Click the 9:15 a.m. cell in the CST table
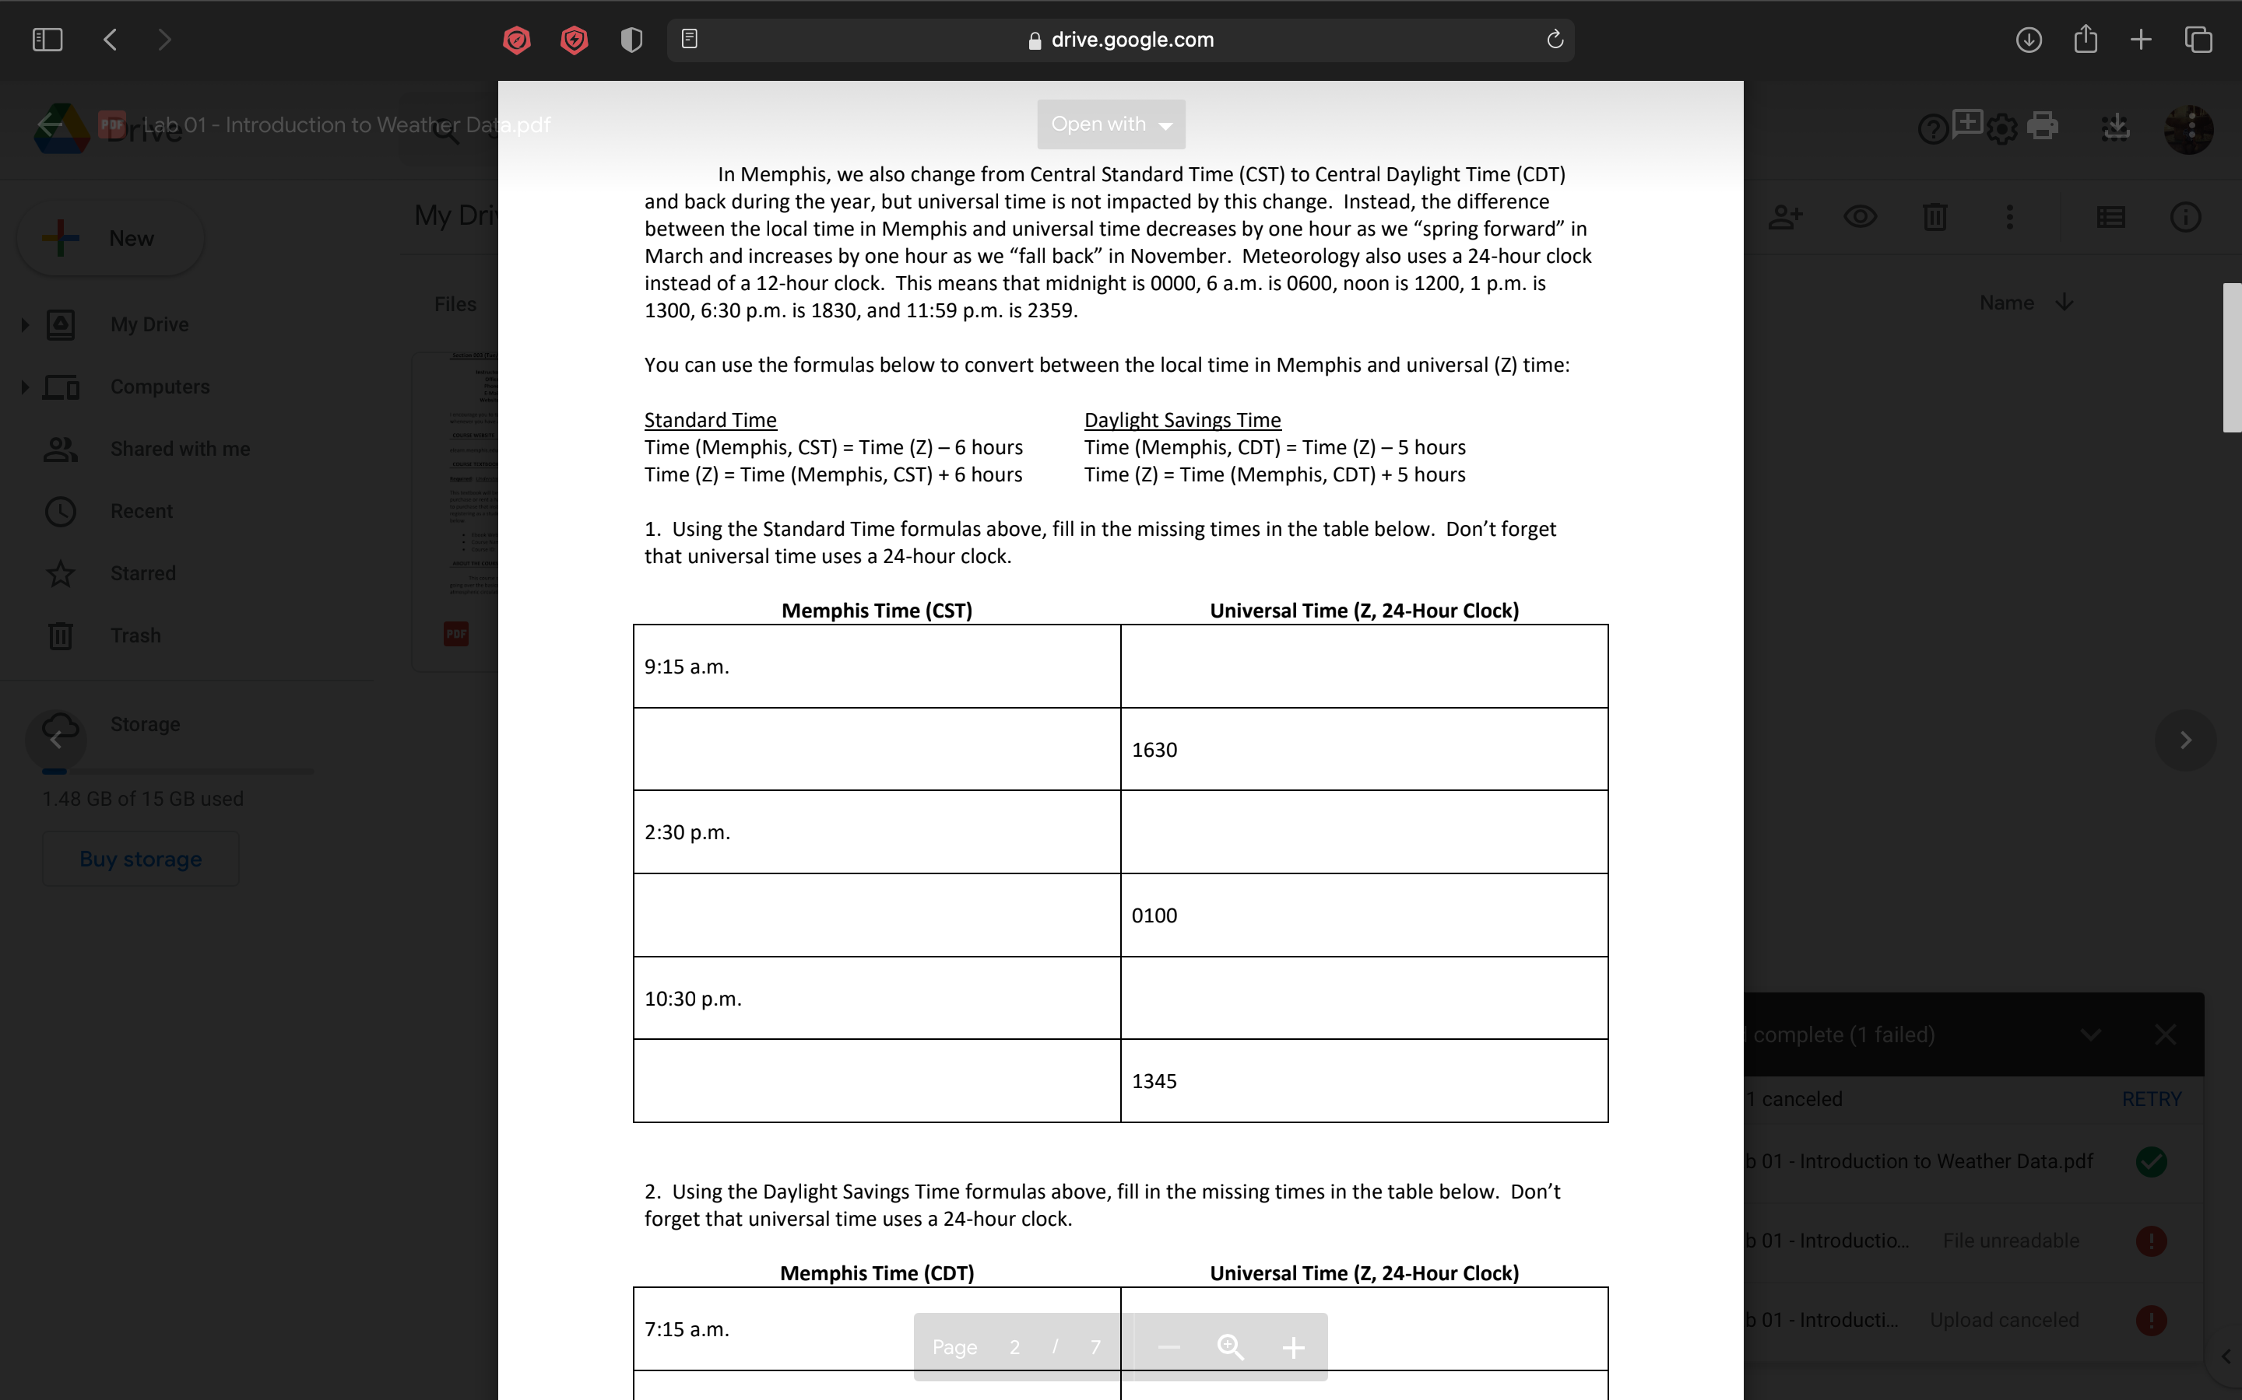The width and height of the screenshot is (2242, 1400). pyautogui.click(x=687, y=667)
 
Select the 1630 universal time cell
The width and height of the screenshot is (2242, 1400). pyautogui.click(x=1154, y=749)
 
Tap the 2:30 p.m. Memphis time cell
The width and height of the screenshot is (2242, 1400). pyautogui.click(x=687, y=832)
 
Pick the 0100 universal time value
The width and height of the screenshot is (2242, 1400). pyautogui.click(x=1154, y=915)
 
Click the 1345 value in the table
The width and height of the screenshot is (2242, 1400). pyautogui.click(x=1154, y=1080)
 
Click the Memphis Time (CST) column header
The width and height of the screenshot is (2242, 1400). pyautogui.click(x=877, y=611)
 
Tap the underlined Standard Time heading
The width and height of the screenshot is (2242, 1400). pyautogui.click(x=711, y=419)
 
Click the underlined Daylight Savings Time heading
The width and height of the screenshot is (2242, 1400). pyautogui.click(x=1182, y=419)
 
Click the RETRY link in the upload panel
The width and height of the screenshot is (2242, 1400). pyautogui.click(x=2151, y=1099)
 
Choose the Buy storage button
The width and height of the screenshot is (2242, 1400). pyautogui.click(x=141, y=859)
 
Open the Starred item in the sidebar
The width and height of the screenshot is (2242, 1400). pyautogui.click(x=142, y=573)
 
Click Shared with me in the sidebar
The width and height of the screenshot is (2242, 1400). pyautogui.click(x=180, y=449)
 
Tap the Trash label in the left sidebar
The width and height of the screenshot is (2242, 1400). pyautogui.click(x=135, y=635)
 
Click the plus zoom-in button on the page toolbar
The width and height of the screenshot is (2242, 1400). pyautogui.click(x=1293, y=1347)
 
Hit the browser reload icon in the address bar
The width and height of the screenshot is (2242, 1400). pyautogui.click(x=1555, y=39)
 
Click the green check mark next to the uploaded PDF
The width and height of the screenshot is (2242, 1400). pyautogui.click(x=2151, y=1161)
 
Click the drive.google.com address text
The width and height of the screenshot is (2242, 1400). pyautogui.click(x=1132, y=40)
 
